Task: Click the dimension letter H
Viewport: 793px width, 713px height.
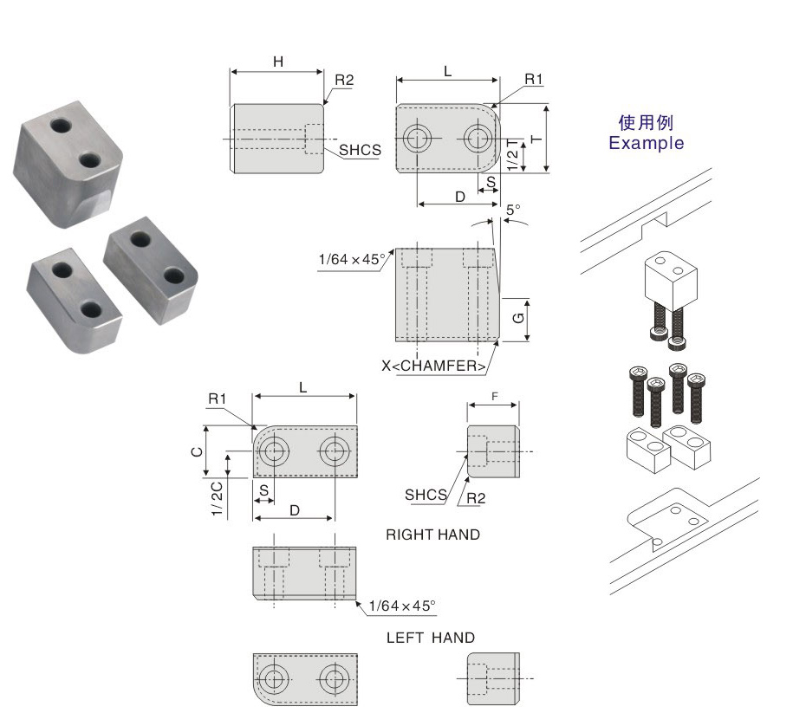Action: click(x=277, y=62)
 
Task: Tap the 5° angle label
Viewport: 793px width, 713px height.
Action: click(x=513, y=210)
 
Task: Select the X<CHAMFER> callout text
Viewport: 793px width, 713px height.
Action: click(x=433, y=366)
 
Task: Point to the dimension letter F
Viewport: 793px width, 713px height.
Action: click(x=494, y=395)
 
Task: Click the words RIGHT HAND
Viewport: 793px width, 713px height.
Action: click(x=432, y=535)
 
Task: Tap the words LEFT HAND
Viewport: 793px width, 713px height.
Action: click(x=431, y=638)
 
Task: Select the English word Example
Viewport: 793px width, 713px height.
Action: click(x=646, y=143)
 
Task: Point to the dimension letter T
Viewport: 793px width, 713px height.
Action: click(x=536, y=139)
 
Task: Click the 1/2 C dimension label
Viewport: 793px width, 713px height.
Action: click(x=217, y=500)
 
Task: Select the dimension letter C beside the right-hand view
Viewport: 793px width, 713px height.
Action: click(x=198, y=450)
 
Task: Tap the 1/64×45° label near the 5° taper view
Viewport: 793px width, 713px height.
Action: click(x=352, y=258)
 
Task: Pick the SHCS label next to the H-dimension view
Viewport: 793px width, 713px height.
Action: click(x=360, y=150)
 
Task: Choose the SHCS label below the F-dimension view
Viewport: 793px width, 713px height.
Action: click(x=425, y=496)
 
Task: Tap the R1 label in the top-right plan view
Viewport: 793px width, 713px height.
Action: click(x=533, y=80)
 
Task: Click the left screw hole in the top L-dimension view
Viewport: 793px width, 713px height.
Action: click(x=419, y=138)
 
